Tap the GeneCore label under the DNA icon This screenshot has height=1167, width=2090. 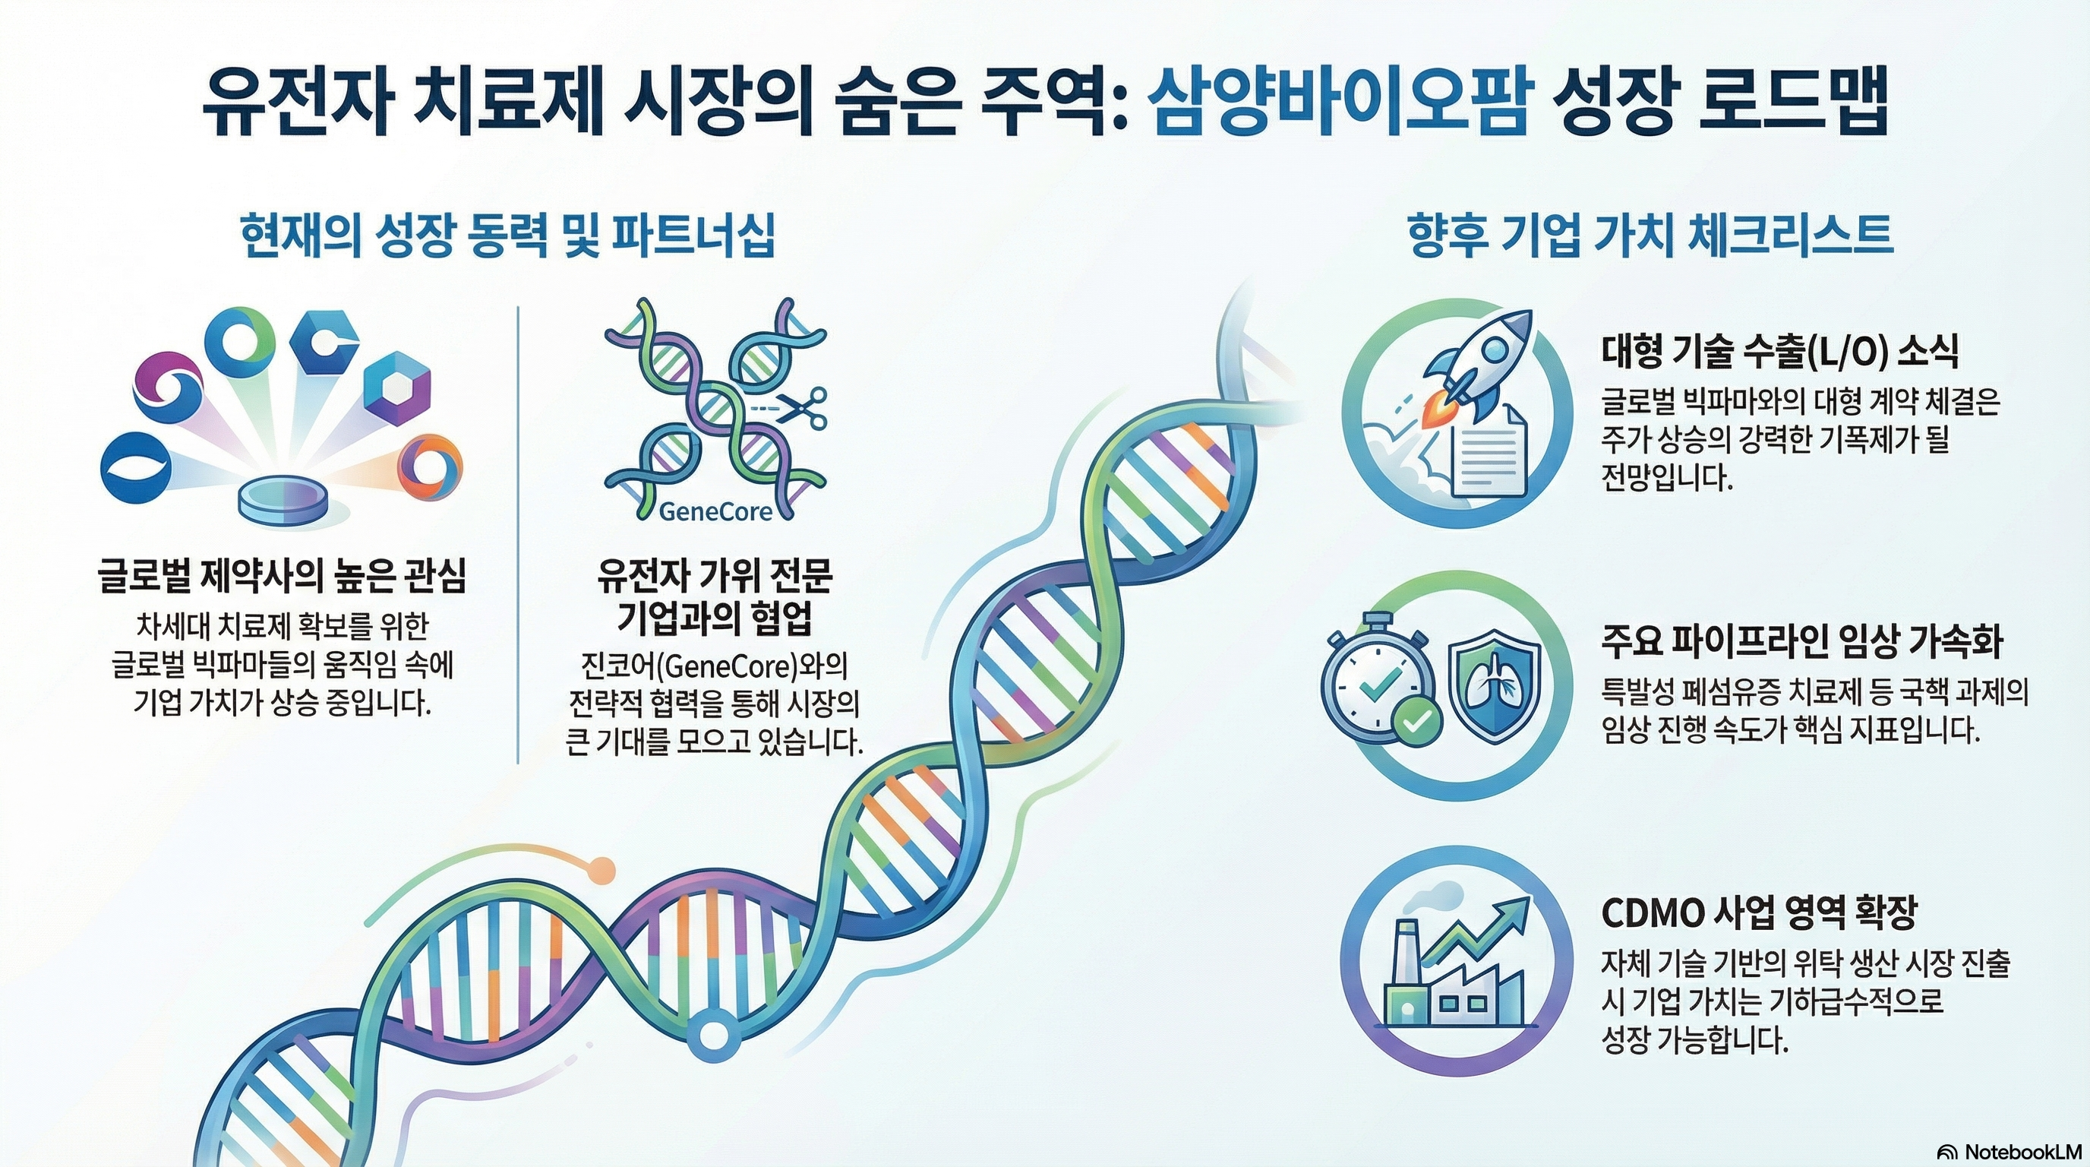(x=715, y=512)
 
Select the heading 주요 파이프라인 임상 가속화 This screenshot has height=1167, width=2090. (x=1802, y=641)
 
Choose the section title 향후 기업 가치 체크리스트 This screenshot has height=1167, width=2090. (x=1650, y=236)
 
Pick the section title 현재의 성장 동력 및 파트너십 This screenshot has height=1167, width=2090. (x=508, y=236)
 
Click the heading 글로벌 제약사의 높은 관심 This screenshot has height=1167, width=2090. (x=282, y=576)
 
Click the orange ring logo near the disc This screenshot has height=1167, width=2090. (x=429, y=467)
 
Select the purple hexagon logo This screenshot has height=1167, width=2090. (x=396, y=387)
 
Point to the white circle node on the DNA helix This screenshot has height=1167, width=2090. (x=714, y=1036)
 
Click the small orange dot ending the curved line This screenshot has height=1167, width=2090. (x=601, y=869)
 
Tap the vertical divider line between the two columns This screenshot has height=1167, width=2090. (x=518, y=536)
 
